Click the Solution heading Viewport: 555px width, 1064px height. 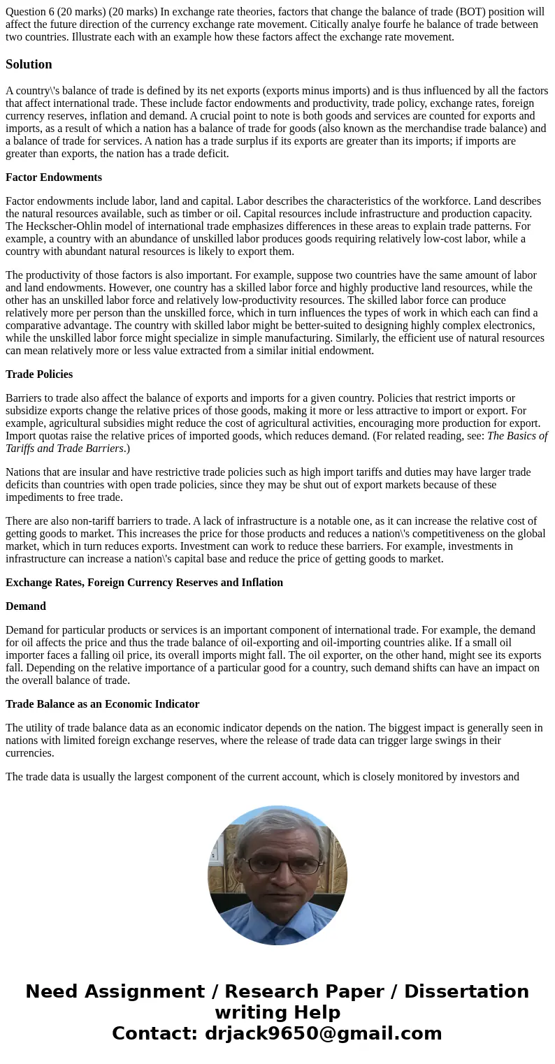click(x=29, y=64)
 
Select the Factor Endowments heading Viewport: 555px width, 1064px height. click(x=54, y=177)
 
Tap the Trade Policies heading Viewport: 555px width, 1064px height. click(x=39, y=374)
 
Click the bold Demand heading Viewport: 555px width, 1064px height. click(x=26, y=606)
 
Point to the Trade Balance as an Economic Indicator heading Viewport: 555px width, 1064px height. click(x=103, y=704)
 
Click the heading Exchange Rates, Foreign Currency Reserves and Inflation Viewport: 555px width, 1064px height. click(x=144, y=582)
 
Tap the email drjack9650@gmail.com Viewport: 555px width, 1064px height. click(x=323, y=1033)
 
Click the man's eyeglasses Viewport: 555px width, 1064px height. click(x=283, y=866)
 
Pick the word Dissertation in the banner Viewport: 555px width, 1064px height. click(x=466, y=991)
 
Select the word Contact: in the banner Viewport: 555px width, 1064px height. click(x=154, y=1033)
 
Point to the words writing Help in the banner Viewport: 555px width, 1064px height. click(x=277, y=1012)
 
